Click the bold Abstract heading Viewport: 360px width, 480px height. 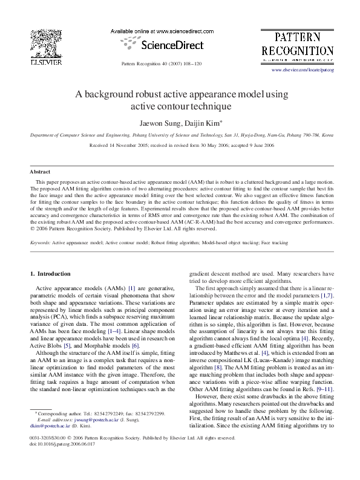coord(40,172)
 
